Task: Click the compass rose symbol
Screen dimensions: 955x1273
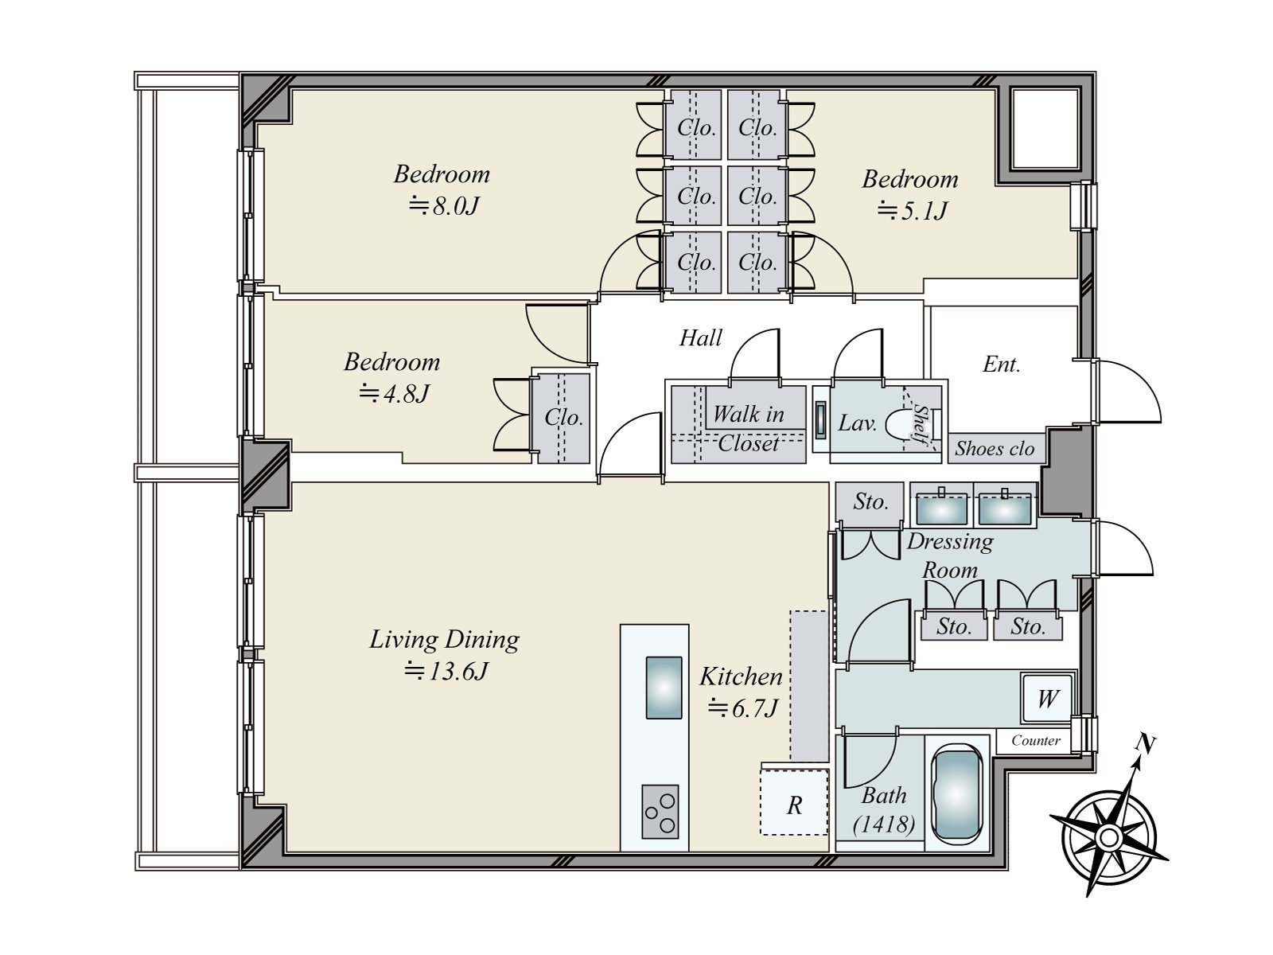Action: pyautogui.click(x=1108, y=836)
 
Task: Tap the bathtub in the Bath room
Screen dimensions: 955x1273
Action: pyautogui.click(x=957, y=795)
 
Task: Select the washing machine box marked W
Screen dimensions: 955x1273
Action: pyautogui.click(x=1047, y=699)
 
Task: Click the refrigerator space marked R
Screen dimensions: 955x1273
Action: pyautogui.click(x=794, y=805)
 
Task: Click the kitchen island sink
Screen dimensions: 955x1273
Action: pyautogui.click(x=663, y=688)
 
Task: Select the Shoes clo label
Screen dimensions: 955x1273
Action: pyautogui.click(x=995, y=449)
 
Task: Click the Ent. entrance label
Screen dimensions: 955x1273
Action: pyautogui.click(x=1001, y=364)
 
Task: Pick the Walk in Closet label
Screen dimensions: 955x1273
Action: pyautogui.click(x=748, y=428)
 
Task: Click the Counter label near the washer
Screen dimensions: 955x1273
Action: pyautogui.click(x=1035, y=740)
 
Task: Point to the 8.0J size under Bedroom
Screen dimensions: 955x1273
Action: pyautogui.click(x=444, y=206)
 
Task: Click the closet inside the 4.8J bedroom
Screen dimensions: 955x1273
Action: pyautogui.click(x=563, y=417)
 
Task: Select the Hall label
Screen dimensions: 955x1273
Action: pyautogui.click(x=700, y=338)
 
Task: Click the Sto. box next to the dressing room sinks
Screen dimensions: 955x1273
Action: pyautogui.click(x=870, y=501)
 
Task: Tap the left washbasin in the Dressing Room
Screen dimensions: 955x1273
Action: pyautogui.click(x=942, y=507)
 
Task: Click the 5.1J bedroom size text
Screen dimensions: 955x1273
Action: pyautogui.click(x=912, y=211)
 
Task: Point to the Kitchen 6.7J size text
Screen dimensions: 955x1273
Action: pyautogui.click(x=742, y=707)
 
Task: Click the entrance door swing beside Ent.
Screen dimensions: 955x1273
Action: pyautogui.click(x=1126, y=392)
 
